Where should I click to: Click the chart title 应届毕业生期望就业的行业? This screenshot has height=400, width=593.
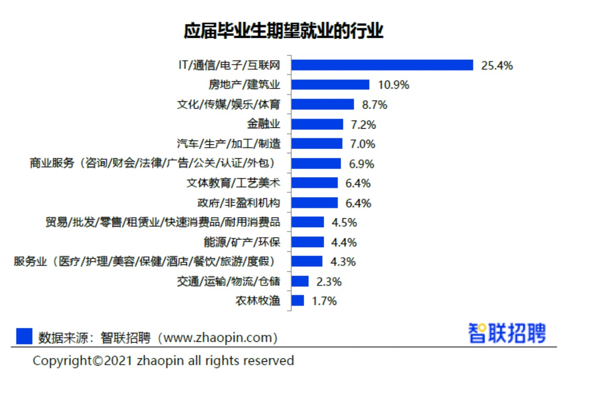pyautogui.click(x=283, y=31)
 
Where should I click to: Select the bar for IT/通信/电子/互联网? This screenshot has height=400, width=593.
pyautogui.click(x=382, y=65)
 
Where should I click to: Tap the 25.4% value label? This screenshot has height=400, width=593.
pyautogui.click(x=497, y=65)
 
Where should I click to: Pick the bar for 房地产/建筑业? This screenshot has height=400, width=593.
pyautogui.click(x=330, y=85)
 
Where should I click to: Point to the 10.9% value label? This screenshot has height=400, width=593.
pyautogui.click(x=393, y=85)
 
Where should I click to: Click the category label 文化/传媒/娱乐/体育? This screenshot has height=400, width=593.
pyautogui.click(x=229, y=104)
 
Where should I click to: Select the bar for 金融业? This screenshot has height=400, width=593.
pyautogui.click(x=317, y=124)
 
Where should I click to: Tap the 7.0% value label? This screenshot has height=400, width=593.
pyautogui.click(x=362, y=144)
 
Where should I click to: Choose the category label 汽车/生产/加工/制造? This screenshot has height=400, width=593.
pyautogui.click(x=229, y=144)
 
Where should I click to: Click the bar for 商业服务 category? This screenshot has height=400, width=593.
pyautogui.click(x=316, y=163)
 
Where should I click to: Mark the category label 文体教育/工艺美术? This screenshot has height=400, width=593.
pyautogui.click(x=233, y=183)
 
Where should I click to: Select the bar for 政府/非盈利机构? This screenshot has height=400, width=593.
pyautogui.click(x=314, y=203)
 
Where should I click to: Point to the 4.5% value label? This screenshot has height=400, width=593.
pyautogui.click(x=344, y=223)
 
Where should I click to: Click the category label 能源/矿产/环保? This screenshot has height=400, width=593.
pyautogui.click(x=242, y=242)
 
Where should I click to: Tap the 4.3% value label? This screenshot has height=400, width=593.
pyautogui.click(x=343, y=262)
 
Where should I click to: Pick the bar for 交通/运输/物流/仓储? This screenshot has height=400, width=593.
pyautogui.click(x=300, y=281)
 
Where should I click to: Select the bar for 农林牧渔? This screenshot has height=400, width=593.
pyautogui.click(x=297, y=301)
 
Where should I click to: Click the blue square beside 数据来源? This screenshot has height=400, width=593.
pyautogui.click(x=24, y=336)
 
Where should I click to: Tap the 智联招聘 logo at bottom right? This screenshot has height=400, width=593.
pyautogui.click(x=507, y=333)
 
